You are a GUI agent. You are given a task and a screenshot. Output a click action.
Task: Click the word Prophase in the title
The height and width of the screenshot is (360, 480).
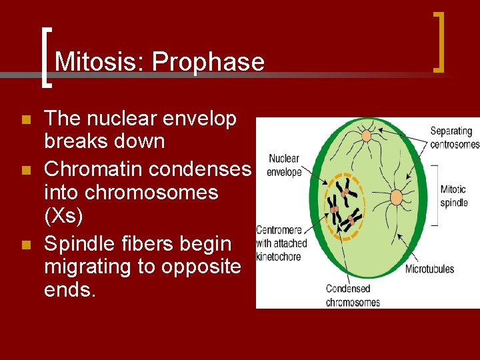208,62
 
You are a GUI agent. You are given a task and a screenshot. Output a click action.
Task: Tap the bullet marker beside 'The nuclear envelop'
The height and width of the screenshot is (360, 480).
26,120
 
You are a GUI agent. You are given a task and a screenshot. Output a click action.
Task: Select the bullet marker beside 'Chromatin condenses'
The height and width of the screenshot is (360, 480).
26,171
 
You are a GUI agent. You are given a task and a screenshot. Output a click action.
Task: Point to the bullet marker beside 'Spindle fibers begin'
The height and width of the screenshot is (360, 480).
26,245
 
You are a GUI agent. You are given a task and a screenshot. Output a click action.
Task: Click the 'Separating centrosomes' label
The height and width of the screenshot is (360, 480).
454,137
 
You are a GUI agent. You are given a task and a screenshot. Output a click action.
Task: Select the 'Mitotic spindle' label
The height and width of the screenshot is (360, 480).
453,195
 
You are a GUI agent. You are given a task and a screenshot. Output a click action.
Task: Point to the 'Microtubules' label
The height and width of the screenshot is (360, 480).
429,269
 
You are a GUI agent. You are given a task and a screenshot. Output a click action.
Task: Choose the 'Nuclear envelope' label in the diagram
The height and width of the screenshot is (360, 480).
283,165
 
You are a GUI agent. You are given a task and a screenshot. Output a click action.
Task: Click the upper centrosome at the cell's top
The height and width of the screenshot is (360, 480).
366,136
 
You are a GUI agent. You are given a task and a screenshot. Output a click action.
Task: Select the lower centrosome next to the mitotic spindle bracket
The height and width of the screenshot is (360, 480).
396,197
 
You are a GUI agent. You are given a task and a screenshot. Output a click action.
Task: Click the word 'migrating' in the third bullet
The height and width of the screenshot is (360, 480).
91,267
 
